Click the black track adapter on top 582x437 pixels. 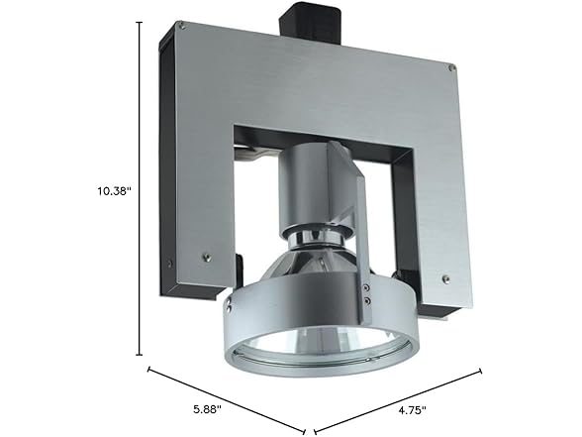coord(317,26)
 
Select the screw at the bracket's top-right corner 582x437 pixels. coord(451,68)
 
